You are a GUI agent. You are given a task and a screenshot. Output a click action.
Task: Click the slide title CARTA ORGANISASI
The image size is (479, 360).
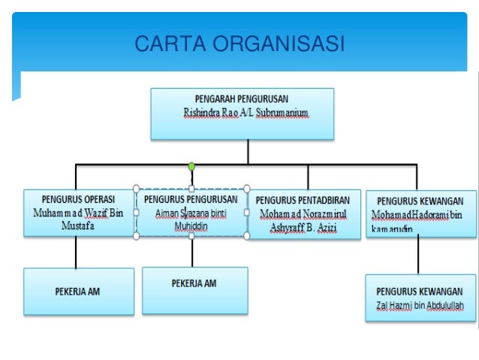point(239,45)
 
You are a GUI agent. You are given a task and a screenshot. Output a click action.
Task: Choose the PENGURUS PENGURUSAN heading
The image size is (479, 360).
point(191,200)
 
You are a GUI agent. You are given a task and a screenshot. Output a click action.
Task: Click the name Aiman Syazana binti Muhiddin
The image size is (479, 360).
point(191,219)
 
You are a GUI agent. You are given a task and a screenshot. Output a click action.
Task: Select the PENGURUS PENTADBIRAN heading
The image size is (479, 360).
point(304,201)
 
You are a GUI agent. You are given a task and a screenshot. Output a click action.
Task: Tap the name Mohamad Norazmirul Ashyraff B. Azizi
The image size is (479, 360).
point(304,219)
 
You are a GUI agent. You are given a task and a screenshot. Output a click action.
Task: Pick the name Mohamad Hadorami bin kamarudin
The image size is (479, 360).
point(418,222)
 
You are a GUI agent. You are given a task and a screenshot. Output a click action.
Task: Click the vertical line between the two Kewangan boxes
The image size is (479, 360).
point(417,255)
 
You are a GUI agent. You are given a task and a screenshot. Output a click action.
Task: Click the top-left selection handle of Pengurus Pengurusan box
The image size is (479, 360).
point(136,187)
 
